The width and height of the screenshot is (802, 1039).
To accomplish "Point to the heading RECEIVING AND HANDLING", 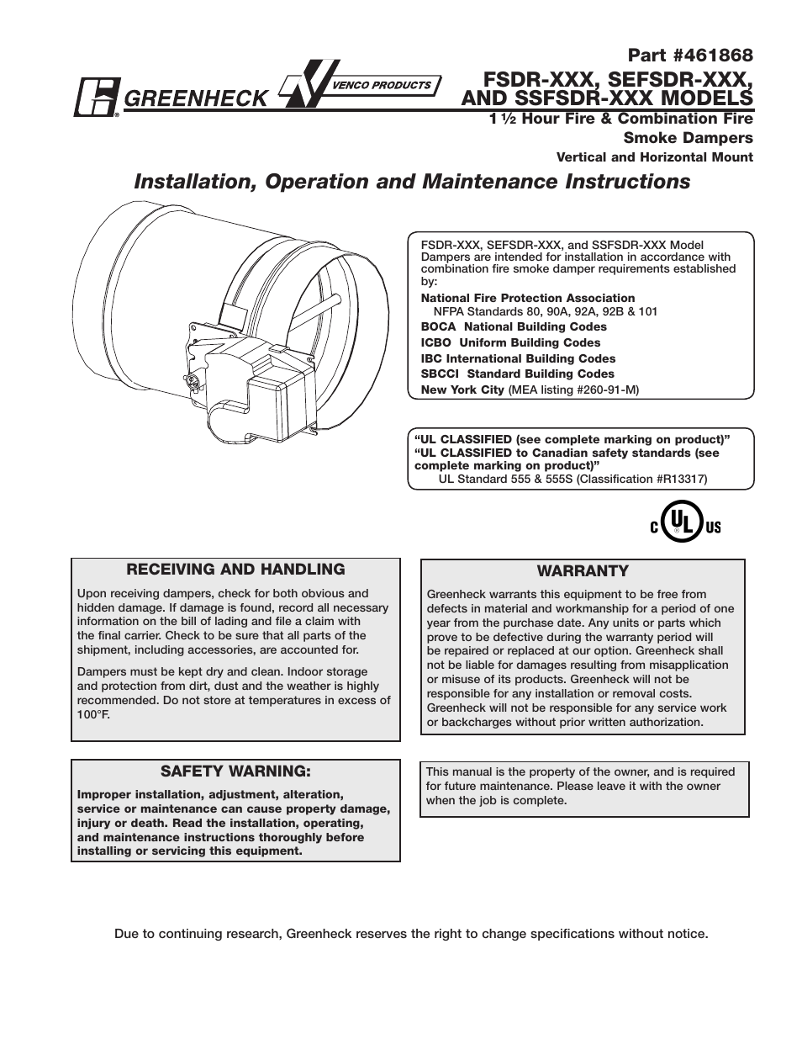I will [x=235, y=570].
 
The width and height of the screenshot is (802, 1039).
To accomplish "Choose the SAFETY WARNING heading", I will [x=235, y=771].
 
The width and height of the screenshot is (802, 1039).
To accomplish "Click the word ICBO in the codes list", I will [x=437, y=342].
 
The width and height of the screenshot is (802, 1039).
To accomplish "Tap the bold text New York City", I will [x=462, y=390].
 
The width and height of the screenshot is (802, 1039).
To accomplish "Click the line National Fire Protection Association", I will [x=528, y=298].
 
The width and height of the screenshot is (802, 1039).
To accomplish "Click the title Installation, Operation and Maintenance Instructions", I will [x=413, y=182].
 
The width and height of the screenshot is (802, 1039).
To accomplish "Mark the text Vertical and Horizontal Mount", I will [x=655, y=157].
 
